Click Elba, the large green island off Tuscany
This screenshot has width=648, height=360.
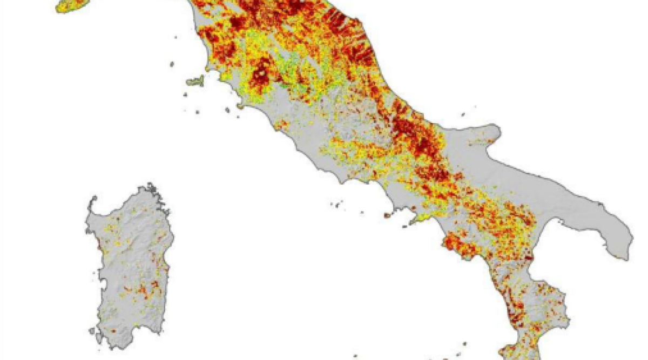195,82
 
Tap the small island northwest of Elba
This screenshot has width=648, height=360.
172,64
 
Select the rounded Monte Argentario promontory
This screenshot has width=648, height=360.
240,106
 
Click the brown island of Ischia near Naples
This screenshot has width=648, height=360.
387,215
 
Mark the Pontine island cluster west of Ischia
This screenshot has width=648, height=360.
338,205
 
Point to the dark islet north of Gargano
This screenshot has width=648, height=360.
463,115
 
